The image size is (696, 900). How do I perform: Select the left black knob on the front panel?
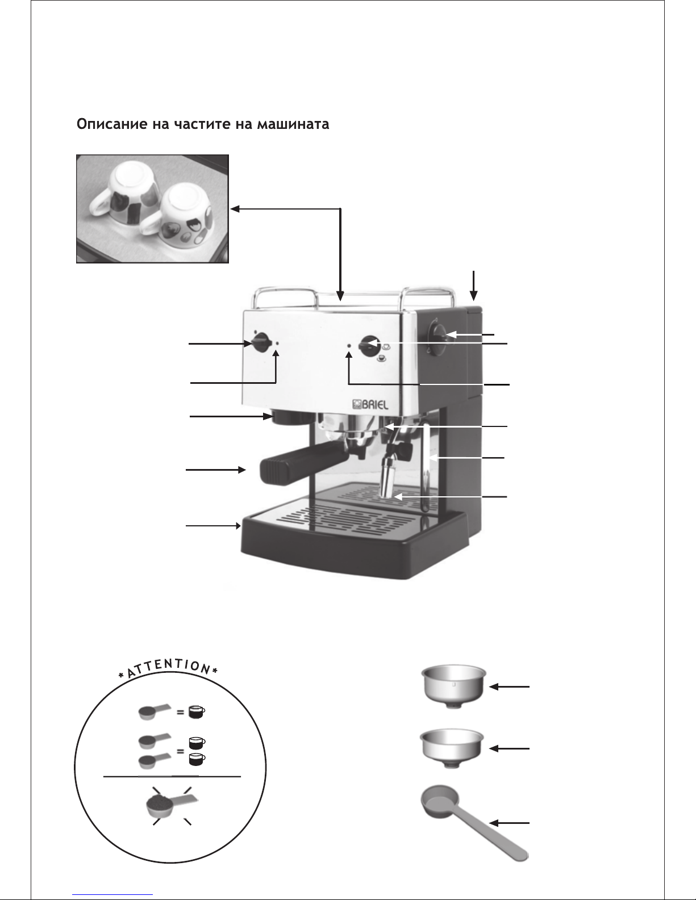coord(260,343)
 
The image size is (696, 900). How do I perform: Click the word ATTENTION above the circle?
coord(168,668)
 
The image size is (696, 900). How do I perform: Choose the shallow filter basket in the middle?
coord(452,748)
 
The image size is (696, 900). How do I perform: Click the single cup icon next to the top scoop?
coord(197,712)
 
